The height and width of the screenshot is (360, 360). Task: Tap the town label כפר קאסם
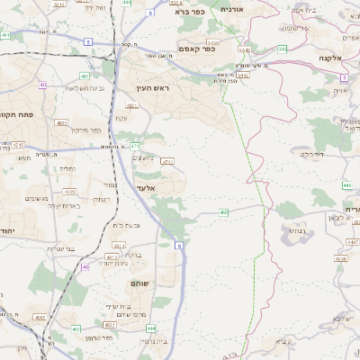pos(196,48)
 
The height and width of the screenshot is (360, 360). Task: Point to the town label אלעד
pos(147,188)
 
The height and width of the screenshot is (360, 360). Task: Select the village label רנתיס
pos(293,230)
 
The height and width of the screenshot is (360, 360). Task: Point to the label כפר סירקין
pos(82,130)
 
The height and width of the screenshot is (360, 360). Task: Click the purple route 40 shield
pos(42,85)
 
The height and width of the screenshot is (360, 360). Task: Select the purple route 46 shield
pos(85,266)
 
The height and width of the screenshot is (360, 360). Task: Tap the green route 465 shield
pos(223,212)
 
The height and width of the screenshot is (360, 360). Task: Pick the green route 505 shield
pos(282,49)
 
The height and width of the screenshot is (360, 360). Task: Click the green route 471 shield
pos(134,146)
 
